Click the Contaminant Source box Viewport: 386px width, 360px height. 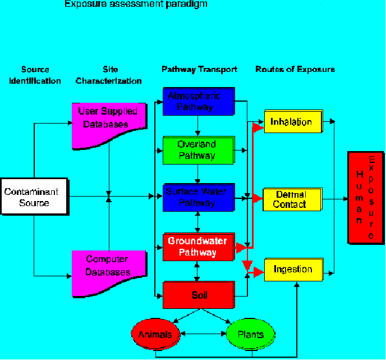(34, 197)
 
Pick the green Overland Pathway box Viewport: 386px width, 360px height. (197, 150)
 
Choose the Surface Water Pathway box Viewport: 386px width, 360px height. (198, 197)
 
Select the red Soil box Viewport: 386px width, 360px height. (198, 295)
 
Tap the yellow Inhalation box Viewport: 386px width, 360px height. (292, 122)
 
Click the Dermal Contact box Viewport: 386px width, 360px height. (292, 199)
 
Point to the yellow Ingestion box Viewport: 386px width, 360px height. (293, 270)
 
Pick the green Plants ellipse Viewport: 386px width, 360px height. (250, 335)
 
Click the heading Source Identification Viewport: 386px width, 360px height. (35, 75)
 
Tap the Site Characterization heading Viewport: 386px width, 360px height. (109, 75)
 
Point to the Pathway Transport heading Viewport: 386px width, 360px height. (199, 70)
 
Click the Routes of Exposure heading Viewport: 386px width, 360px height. (295, 70)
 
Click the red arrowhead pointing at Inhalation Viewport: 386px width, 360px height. (258, 127)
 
